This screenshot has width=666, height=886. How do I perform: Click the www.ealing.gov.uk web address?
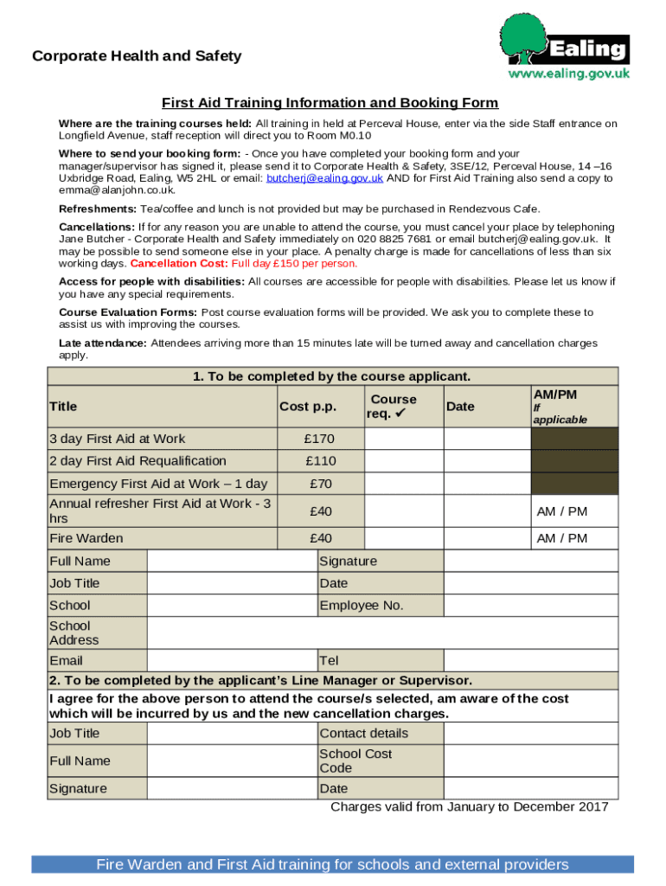tap(568, 74)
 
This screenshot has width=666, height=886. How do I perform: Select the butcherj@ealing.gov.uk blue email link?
tap(324, 178)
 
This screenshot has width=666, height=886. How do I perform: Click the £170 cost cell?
tap(320, 439)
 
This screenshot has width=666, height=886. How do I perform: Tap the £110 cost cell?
tap(320, 461)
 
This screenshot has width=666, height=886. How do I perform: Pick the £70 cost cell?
tap(320, 484)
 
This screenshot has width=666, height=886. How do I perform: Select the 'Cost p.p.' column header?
tap(308, 407)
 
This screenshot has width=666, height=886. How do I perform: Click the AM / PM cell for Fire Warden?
tap(561, 538)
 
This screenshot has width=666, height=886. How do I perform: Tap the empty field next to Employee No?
tap(531, 606)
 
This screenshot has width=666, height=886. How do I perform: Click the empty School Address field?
tap(382, 633)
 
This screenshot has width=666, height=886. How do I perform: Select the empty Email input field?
tap(232, 661)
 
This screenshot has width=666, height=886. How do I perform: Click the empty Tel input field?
tap(531, 661)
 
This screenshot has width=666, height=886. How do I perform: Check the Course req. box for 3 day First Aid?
tap(404, 439)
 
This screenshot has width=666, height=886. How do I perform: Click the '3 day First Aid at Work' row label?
tap(118, 439)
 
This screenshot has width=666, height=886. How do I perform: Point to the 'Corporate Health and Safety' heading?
tap(137, 56)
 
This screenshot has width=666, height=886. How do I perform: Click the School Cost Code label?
tap(355, 761)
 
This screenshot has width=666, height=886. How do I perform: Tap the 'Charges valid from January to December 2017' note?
tap(469, 807)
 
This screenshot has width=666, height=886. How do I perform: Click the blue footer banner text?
tap(332, 864)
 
